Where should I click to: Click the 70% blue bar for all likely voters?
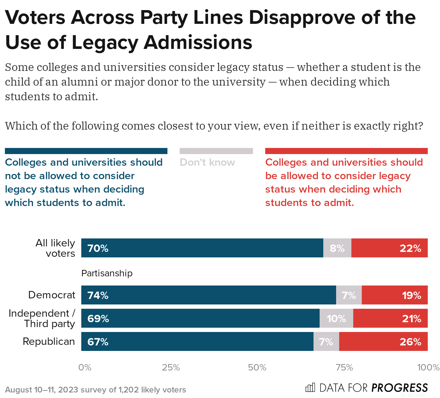tap(202, 248)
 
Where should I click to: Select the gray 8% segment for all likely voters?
tap(337, 248)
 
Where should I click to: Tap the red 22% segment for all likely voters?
tap(389, 248)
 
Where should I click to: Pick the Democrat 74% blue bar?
tap(208, 295)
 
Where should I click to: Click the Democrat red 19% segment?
tap(394, 295)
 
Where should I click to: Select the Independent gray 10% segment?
tap(336, 318)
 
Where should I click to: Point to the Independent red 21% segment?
tap(390, 318)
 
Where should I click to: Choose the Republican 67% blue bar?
tap(197, 341)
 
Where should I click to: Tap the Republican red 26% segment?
tap(383, 341)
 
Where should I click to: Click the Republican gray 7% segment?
tap(326, 341)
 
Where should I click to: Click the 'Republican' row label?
tap(49, 341)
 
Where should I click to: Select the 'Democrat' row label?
tap(52, 295)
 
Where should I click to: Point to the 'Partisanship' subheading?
tap(107, 273)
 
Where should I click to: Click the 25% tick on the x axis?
tap(171, 367)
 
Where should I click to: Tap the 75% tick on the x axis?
tap(344, 367)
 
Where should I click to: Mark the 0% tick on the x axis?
tap(85, 367)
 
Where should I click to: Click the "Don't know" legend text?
tap(207, 162)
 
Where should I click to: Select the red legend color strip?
tap(346, 151)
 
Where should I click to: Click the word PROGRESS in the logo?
tap(400, 388)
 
